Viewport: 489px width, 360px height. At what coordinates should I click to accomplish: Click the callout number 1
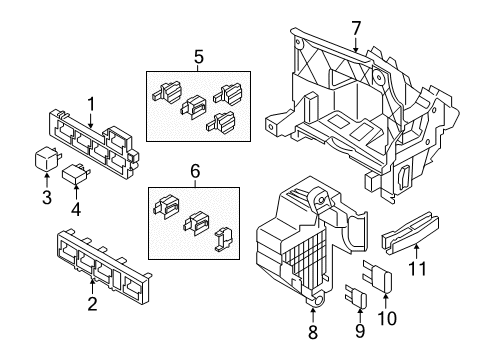(91, 104)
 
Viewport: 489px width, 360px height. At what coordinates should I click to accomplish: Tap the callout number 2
(92, 304)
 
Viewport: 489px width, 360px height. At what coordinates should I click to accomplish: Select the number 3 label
(47, 197)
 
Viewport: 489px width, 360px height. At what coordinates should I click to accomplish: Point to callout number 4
(76, 209)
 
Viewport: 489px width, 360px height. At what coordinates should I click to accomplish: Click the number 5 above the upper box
(198, 57)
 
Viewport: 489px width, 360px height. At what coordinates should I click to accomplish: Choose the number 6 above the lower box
(195, 171)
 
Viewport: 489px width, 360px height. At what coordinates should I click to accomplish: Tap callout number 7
(356, 28)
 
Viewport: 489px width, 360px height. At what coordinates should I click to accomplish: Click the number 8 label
(313, 332)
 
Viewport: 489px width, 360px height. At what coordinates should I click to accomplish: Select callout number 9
(360, 330)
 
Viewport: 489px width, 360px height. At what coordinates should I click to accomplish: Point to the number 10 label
(387, 318)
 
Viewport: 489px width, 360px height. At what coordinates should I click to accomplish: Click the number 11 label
(417, 268)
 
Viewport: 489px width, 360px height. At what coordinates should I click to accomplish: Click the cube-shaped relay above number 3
(46, 159)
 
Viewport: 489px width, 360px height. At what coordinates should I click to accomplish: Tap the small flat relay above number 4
(75, 174)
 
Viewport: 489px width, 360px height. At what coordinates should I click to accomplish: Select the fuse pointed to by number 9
(357, 296)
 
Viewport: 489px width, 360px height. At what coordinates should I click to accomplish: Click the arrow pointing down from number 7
(356, 45)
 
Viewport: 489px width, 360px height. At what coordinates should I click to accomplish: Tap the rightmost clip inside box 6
(223, 239)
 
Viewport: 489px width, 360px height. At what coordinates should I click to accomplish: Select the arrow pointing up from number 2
(92, 287)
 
